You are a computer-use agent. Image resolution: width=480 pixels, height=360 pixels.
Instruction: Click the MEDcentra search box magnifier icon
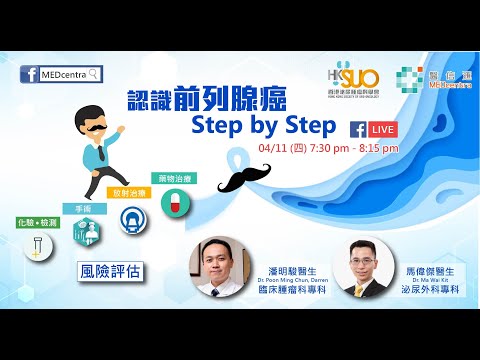coord(95,74)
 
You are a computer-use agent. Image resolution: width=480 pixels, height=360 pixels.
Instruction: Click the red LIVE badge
coord(380,130)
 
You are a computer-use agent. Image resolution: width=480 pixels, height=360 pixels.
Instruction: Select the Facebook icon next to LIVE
coord(357,130)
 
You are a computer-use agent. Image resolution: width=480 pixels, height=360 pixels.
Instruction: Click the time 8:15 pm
coord(377,148)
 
